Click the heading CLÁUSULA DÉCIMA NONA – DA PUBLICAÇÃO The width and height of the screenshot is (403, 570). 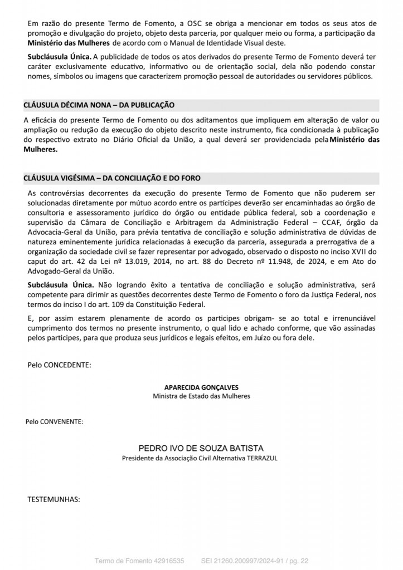(x=99, y=105)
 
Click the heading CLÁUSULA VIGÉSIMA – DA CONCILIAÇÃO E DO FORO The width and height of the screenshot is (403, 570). (x=112, y=179)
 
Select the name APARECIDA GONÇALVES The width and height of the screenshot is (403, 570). (x=201, y=387)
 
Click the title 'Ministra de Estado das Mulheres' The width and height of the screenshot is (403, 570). (x=201, y=396)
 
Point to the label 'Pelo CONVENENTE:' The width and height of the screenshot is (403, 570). (x=55, y=421)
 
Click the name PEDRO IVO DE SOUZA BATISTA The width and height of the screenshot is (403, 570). (x=201, y=448)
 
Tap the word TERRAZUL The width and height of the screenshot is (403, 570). (x=262, y=458)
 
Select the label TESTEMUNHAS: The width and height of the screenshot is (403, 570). (x=54, y=499)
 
